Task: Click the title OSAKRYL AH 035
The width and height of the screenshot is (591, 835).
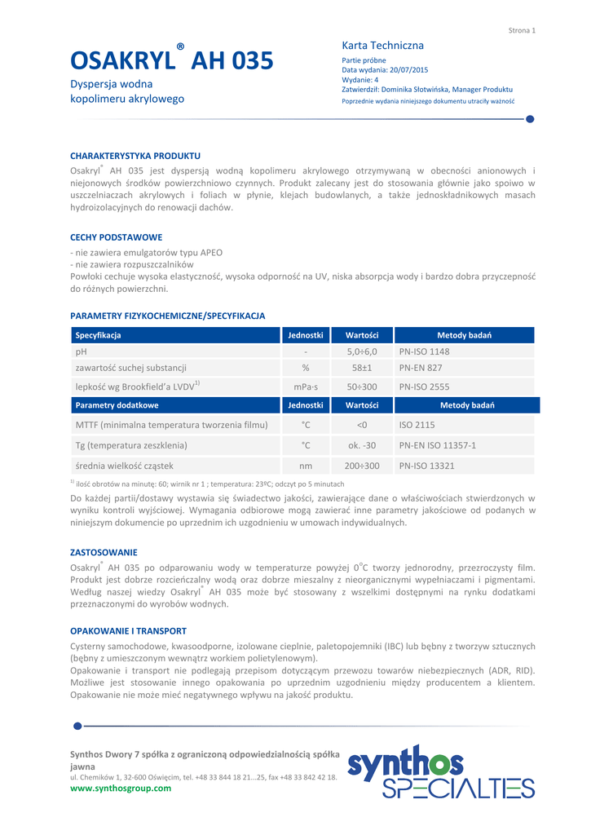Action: pos(171,61)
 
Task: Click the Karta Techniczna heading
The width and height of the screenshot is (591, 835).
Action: pos(382,46)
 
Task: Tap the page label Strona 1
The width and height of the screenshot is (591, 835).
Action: pos(522,30)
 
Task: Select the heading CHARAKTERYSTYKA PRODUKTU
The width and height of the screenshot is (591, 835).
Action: pos(135,155)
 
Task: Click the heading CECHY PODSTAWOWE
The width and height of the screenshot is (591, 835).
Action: pos(117,237)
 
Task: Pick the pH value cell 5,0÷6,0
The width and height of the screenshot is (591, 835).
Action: pos(362,351)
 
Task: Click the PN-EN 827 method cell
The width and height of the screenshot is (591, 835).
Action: pos(421,369)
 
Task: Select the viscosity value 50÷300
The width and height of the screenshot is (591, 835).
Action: pos(362,387)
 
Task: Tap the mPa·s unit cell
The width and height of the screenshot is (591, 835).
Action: pos(306,387)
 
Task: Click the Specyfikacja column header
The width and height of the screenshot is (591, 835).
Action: pos(99,335)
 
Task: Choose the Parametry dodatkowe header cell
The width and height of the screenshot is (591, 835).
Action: pos(117,405)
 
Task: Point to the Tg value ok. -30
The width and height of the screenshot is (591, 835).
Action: pos(362,445)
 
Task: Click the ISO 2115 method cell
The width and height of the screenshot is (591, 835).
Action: pos(417,425)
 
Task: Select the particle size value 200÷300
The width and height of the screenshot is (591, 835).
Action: pos(362,466)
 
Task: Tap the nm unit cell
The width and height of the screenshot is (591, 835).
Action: pos(306,466)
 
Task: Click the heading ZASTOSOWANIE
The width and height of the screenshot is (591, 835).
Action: pos(104,552)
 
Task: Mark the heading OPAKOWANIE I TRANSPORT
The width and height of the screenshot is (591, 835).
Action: pos(128,631)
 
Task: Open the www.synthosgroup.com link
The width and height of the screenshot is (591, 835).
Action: pos(121,788)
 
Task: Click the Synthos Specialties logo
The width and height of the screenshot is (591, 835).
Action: pos(441,771)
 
